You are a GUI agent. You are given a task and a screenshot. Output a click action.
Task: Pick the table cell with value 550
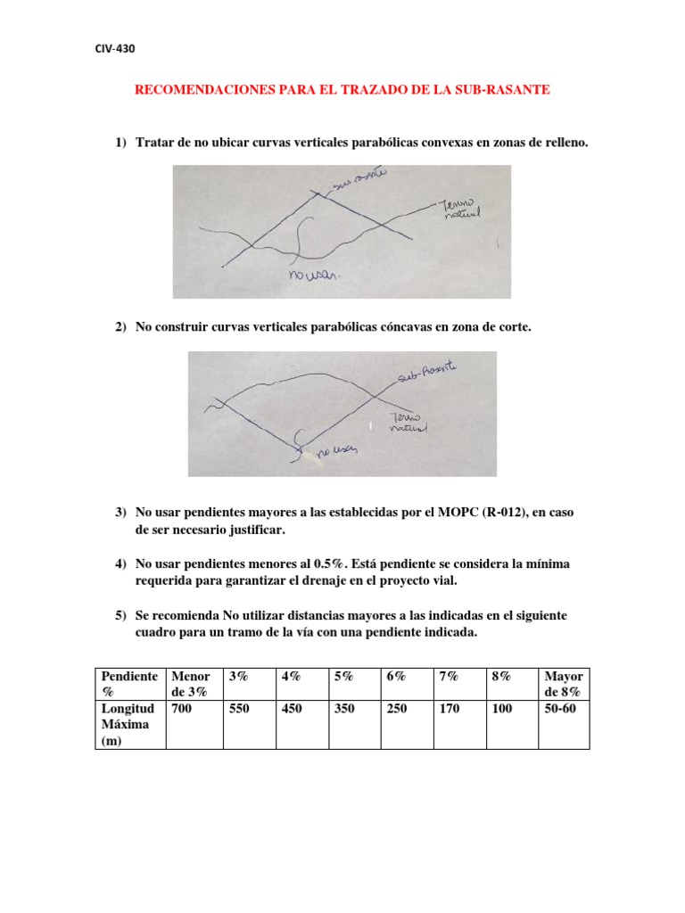point(241,709)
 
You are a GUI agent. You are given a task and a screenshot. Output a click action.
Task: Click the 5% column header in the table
point(343,678)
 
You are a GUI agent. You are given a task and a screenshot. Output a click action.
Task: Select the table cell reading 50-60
point(560,709)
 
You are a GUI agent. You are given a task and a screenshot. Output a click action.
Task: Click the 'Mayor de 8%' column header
point(563,685)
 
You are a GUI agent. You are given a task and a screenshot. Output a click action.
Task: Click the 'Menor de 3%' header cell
point(191,685)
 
